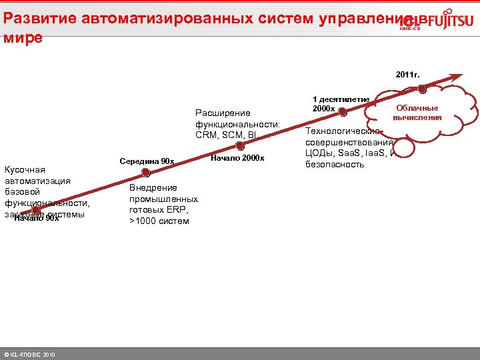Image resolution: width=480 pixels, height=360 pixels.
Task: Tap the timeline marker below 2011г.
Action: click(x=423, y=87)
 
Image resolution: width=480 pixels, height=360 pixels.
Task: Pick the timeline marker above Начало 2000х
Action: click(x=240, y=146)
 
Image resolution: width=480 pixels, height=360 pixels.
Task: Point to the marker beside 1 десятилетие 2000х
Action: click(x=343, y=113)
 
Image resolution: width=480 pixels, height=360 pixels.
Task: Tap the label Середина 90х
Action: click(x=147, y=161)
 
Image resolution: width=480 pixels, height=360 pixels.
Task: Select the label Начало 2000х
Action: click(x=237, y=158)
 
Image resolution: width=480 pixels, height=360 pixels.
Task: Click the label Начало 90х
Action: click(x=37, y=219)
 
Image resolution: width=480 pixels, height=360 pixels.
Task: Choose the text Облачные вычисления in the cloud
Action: click(x=417, y=113)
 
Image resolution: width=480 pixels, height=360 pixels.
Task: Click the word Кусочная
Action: click(x=25, y=169)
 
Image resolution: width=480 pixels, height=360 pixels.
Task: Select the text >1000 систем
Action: click(x=159, y=221)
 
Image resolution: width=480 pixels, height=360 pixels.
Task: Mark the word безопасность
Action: click(x=335, y=164)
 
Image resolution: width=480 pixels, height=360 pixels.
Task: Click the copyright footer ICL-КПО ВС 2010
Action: click(x=30, y=354)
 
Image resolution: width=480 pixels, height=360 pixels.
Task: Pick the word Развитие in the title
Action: click(x=35, y=18)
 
